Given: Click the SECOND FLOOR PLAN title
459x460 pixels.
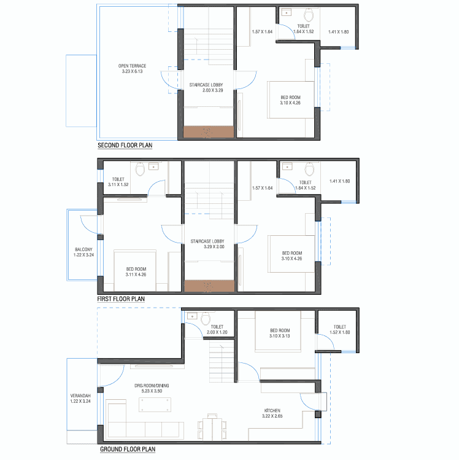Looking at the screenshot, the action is tap(125, 145).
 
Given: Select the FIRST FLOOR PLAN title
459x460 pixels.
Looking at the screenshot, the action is tap(121, 299).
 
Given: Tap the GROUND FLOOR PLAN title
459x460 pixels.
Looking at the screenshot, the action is tap(128, 449).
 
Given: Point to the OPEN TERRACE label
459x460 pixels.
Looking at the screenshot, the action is tap(132, 66).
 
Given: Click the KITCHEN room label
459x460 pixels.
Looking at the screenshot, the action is tap(272, 410).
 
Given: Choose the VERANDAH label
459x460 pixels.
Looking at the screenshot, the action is tap(80, 396).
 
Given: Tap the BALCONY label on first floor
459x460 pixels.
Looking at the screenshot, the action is tap(83, 249).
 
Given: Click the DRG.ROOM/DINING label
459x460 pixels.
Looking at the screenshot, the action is tap(152, 386).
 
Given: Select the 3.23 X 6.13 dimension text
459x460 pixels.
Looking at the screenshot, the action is tap(132, 71).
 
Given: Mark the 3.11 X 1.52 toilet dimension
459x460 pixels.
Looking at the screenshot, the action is tap(118, 184).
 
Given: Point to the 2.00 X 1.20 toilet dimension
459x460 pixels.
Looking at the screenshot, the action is tap(217, 332).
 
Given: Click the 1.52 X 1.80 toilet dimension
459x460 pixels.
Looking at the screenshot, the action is tap(340, 332).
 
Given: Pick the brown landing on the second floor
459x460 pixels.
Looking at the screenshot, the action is tap(209, 132).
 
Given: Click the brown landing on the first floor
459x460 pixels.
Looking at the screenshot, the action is tap(209, 286).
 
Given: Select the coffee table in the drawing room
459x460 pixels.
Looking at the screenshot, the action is tap(155, 405).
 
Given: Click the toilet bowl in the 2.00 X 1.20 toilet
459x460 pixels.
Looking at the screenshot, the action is tap(206, 318).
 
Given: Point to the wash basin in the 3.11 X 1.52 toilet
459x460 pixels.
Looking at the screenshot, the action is tap(153, 166).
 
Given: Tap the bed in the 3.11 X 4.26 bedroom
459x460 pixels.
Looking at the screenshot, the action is tap(135, 270).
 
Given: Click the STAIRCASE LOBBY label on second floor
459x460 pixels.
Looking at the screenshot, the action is tap(206, 85).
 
